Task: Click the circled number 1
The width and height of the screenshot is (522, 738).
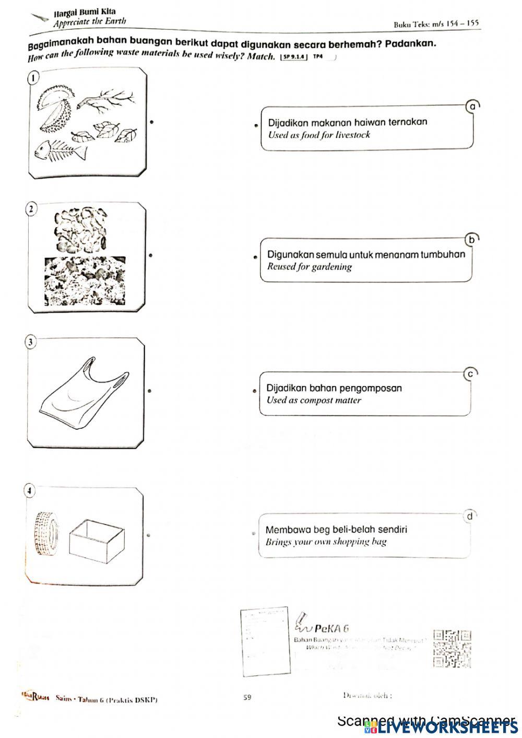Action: coord(33,77)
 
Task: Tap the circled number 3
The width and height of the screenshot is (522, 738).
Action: coord(31,342)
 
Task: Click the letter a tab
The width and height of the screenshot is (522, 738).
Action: coord(472,106)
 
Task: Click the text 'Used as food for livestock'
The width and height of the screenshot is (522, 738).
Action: coord(319,135)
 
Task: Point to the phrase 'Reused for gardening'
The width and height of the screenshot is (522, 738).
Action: coord(310,267)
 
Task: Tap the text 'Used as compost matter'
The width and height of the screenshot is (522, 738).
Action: coord(314,401)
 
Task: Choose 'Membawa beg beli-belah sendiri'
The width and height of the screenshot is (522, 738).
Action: coord(336,530)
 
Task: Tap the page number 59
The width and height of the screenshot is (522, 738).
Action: coord(247,697)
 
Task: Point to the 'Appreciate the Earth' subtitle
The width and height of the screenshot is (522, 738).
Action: coord(89,22)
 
